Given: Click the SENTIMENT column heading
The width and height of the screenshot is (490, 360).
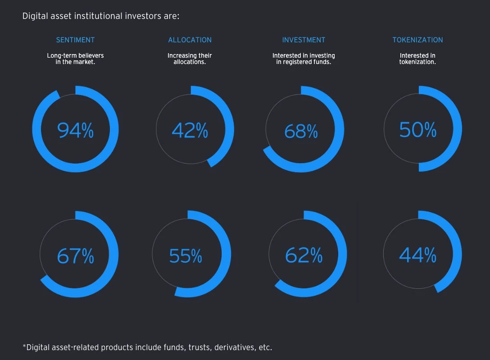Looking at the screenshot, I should tap(75, 40).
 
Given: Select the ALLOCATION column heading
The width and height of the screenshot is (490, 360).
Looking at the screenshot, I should tap(190, 40).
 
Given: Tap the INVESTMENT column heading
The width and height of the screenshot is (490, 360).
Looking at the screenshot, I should tap(304, 40).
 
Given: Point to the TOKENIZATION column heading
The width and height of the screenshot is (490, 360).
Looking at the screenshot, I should tap(417, 40).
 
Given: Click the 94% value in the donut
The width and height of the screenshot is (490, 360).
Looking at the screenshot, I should tap(75, 130).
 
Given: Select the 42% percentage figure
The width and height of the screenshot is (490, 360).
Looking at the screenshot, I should tap(190, 130).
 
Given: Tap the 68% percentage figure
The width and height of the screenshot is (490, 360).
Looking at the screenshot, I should tap(301, 131).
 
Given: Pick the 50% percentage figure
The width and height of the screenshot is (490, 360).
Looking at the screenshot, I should tap(417, 130).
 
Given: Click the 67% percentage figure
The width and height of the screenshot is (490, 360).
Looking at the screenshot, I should tap(75, 256).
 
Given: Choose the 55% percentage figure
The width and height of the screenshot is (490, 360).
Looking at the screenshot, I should tap(186, 256).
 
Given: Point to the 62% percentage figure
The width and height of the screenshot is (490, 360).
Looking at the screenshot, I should tap(304, 255).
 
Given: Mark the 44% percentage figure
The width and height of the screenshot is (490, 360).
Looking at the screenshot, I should tap(417, 255).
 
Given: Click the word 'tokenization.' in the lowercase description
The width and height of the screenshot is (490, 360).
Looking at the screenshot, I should tap(417, 62).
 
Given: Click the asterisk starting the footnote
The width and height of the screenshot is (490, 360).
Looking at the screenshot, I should tap(24, 346).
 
